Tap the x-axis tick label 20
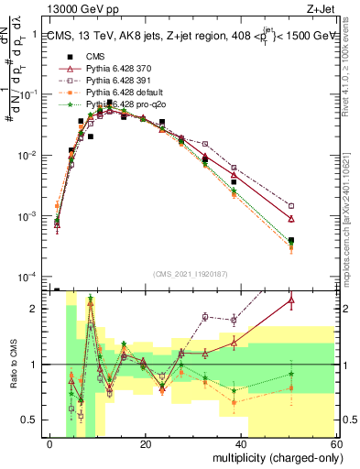coord(146,443)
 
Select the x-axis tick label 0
coord(49,443)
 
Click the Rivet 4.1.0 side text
coord(353,69)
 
